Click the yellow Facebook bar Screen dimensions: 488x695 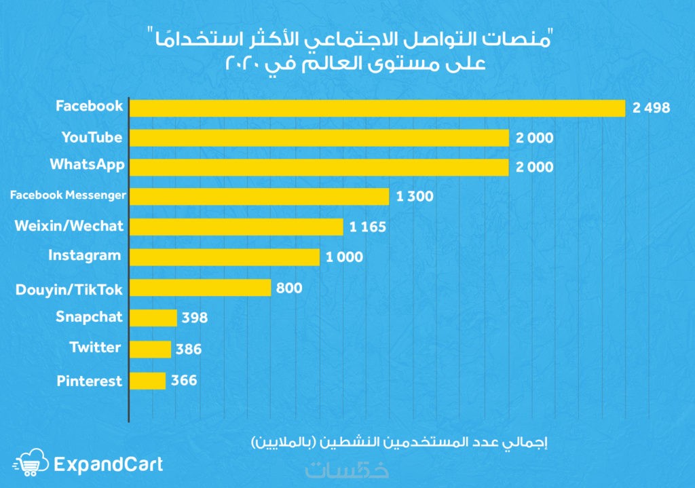377,108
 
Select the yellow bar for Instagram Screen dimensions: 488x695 224,257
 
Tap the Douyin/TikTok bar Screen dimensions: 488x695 200,288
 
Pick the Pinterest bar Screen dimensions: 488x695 147,381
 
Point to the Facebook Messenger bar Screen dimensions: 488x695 259,197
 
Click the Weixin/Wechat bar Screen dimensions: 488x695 236,227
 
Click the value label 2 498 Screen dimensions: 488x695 651,108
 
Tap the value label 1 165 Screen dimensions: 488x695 368,227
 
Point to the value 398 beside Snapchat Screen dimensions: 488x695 194,318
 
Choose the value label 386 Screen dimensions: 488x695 188,350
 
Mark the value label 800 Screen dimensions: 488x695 289,288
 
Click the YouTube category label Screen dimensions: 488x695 92,138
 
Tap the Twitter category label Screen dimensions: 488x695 96,348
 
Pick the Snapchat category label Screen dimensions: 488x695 90,317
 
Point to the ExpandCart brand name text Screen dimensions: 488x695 108,464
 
